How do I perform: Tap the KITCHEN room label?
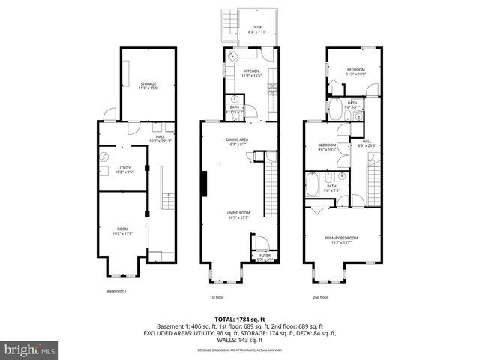(x=251, y=71)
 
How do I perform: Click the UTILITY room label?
(x=123, y=168)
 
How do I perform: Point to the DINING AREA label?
(x=238, y=140)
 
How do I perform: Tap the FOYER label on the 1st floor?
(x=265, y=255)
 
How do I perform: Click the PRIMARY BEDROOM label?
(x=341, y=238)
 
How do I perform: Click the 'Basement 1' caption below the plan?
(x=116, y=291)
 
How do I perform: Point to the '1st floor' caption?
(x=217, y=297)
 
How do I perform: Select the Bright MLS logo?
(x=29, y=349)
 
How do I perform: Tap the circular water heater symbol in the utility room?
(x=104, y=157)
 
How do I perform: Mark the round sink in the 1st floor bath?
(x=235, y=98)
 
